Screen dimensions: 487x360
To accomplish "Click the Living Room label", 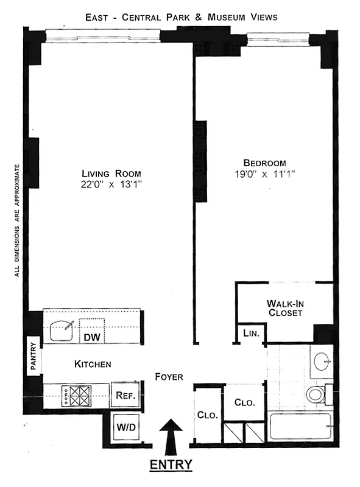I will click(107, 173).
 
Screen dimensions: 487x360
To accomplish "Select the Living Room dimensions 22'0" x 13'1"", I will click(107, 183).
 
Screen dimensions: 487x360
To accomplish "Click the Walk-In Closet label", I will click(284, 308).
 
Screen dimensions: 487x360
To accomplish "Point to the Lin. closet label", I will click(251, 333).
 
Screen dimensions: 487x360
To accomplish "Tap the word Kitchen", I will click(93, 364).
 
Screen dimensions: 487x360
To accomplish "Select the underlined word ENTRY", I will click(171, 465).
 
